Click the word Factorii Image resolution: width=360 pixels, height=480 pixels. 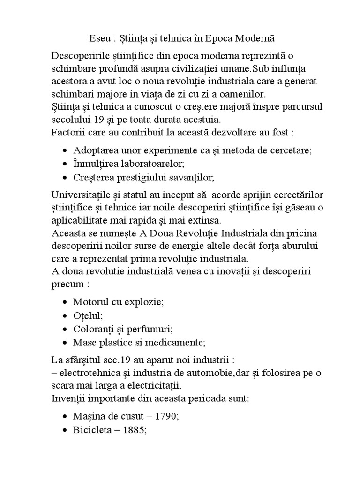pos(67,132)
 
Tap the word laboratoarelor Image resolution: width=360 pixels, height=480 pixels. pos(147,164)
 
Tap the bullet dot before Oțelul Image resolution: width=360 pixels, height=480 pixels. pos(65,315)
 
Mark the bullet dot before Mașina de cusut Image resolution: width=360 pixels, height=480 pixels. pos(65,416)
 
